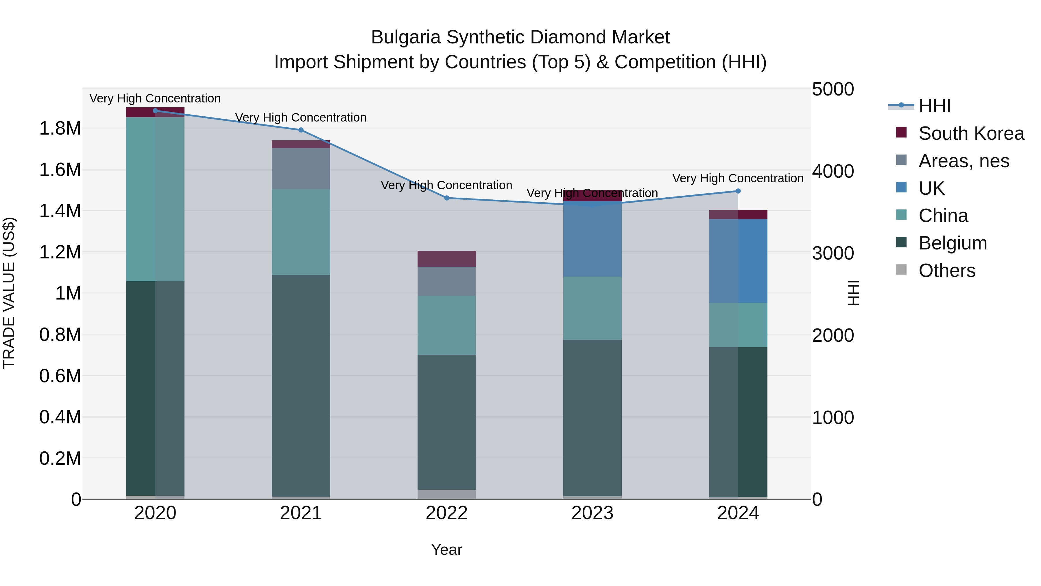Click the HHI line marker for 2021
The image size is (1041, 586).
point(301,130)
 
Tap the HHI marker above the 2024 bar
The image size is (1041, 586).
point(738,191)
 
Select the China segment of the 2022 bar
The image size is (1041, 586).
point(446,325)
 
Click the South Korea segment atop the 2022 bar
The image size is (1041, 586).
point(446,259)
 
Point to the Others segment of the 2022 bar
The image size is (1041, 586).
point(446,494)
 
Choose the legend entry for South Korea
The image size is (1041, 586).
point(971,133)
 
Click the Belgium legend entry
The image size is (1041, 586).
point(952,243)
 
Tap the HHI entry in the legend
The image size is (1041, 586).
point(934,106)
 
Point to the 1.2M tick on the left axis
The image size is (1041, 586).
point(60,252)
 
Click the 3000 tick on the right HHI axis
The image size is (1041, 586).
point(833,253)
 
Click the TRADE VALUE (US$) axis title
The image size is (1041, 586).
point(9,293)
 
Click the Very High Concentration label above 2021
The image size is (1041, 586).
point(301,118)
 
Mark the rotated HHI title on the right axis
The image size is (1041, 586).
point(853,293)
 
